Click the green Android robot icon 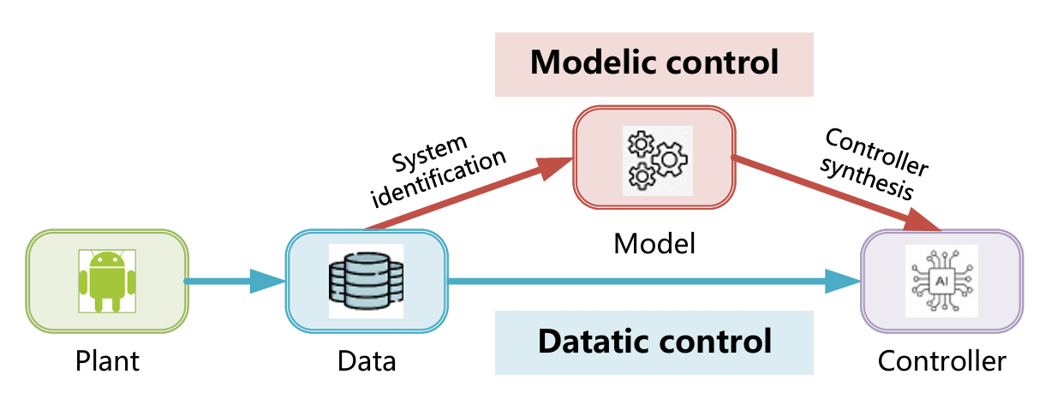pos(107,282)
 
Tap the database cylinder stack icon pos(366,281)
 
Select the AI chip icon pos(942,281)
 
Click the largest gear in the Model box pos(670,159)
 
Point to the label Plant pos(107,361)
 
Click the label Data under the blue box pos(367,361)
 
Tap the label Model pos(654,244)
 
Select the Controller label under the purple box pos(942,361)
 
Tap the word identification pos(439,178)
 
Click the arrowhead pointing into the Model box pos(555,168)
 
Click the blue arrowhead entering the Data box pos(267,282)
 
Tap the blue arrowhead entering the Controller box pos(843,282)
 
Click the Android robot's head pos(107,260)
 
